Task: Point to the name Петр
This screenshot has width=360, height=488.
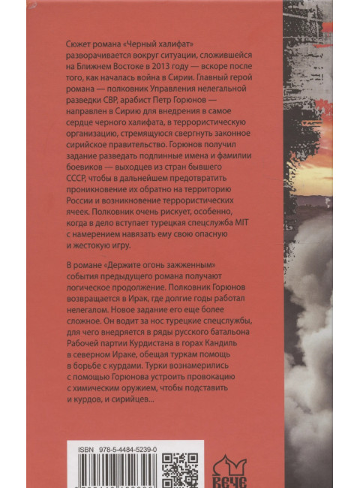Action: point(176,106)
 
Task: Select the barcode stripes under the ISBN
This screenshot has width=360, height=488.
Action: point(112,477)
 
